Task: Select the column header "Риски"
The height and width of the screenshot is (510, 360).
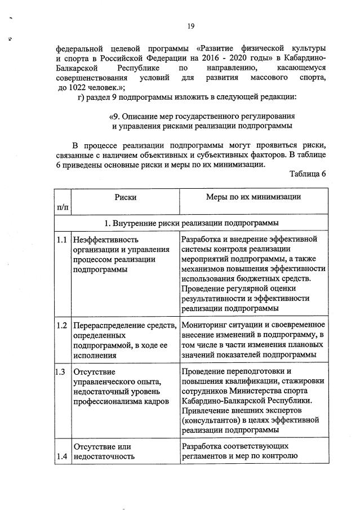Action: tap(125, 197)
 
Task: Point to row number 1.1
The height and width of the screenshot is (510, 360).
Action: tap(63, 239)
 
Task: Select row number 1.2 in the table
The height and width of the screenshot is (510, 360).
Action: tap(63, 325)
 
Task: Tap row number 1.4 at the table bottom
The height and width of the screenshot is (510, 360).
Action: tap(63, 457)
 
